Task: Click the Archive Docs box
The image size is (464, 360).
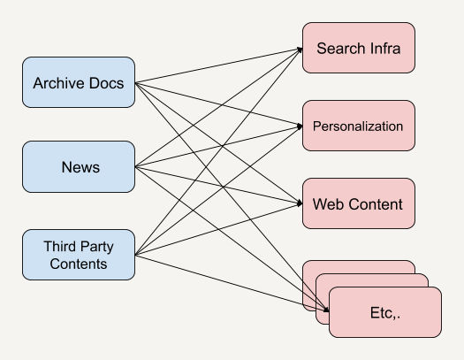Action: coord(79,82)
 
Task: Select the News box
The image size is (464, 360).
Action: coord(79,166)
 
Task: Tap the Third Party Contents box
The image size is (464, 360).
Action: coord(79,255)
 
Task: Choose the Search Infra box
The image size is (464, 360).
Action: coord(359,48)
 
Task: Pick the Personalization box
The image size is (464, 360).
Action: coord(359,126)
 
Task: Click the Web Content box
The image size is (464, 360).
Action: coord(359,203)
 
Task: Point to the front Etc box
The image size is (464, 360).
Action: coord(385,312)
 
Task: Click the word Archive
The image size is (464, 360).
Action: coord(59,83)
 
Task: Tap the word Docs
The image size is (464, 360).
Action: coord(107,83)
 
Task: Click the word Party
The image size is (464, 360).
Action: coord(96,247)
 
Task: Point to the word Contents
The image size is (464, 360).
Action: coord(79,264)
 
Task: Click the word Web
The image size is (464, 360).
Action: coord(328,204)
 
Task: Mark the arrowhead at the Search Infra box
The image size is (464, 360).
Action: coord(300,50)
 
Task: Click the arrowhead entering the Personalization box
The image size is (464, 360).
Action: coord(300,126)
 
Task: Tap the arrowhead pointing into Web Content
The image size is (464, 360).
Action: coord(300,203)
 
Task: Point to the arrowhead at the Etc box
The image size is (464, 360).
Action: coord(326,310)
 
